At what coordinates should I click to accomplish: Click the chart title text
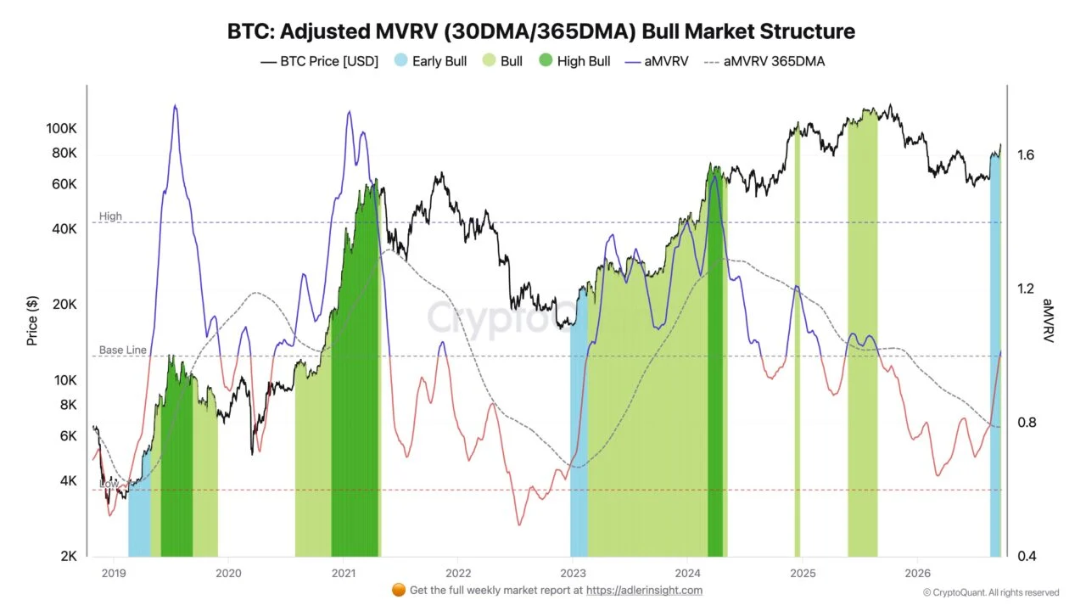541,31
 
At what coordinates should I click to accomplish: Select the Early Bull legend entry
430,61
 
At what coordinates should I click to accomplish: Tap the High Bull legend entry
574,61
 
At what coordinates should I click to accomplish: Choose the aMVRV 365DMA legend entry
764,62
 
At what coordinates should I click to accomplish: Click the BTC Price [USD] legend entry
319,62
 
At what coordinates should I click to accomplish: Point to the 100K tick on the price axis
61,128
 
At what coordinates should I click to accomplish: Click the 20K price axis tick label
64,305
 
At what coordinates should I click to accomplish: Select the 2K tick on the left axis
69,556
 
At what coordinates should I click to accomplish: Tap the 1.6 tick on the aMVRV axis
1026,155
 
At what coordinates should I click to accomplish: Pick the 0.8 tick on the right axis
1027,423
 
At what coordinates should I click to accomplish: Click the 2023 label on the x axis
573,573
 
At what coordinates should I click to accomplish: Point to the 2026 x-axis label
917,573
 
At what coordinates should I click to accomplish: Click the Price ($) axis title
32,321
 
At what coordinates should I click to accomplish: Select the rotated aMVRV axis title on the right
1048,321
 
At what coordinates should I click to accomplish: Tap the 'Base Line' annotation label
123,350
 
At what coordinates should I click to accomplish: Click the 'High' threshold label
110,216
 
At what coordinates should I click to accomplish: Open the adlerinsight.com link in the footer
644,590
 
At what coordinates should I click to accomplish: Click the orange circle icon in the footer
399,590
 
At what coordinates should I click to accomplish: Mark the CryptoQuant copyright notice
991,592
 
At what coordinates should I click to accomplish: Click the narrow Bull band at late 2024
798,340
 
